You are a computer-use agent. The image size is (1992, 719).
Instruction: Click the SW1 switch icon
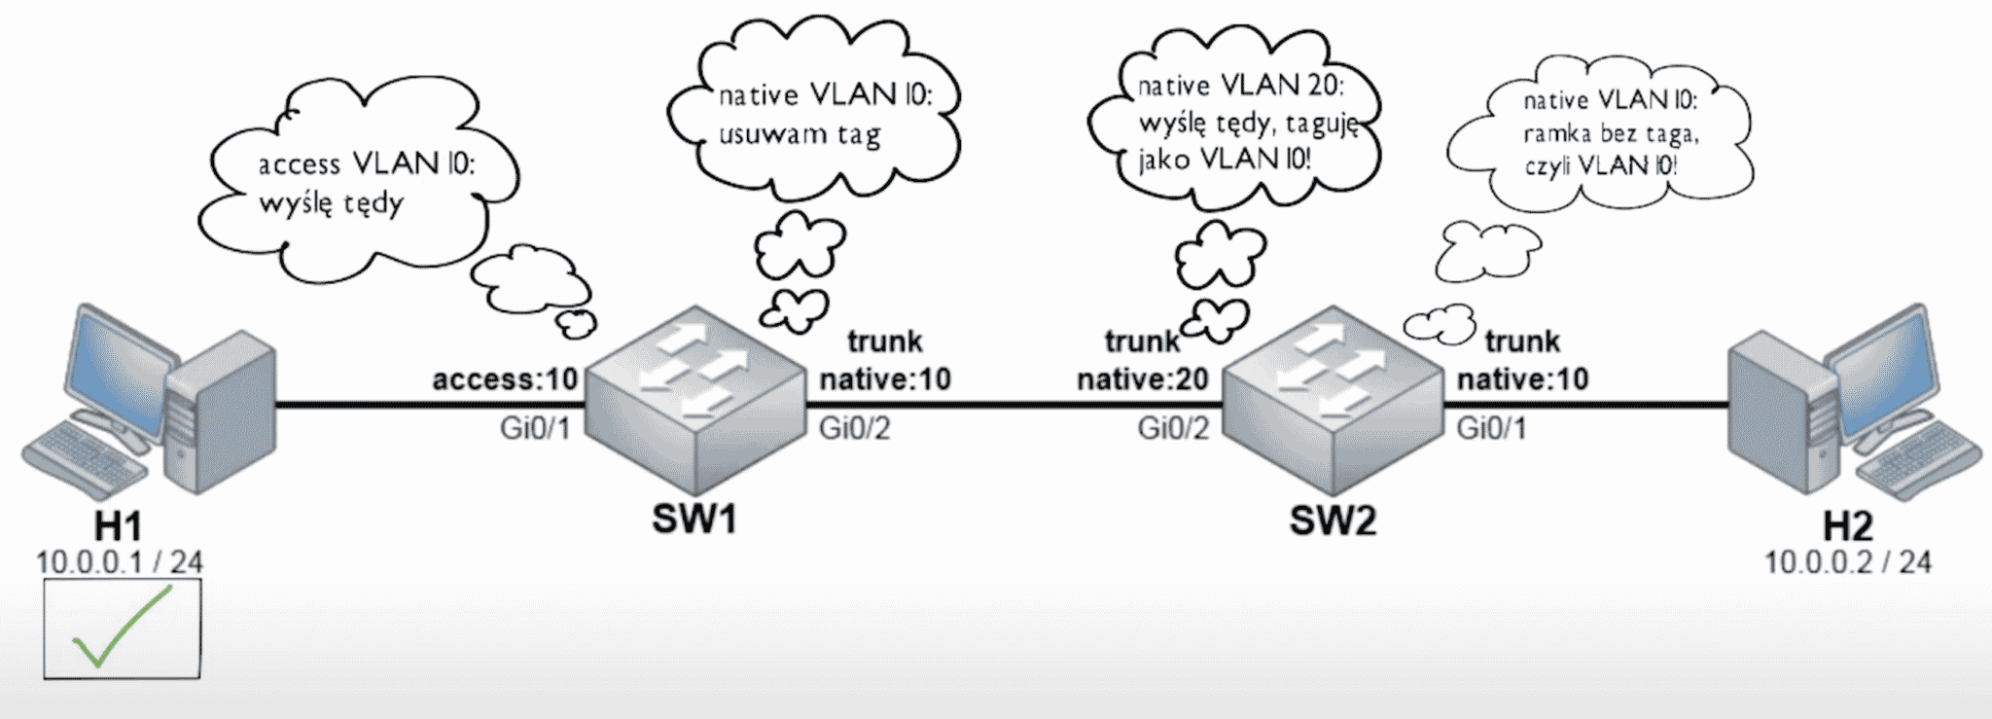pos(698,400)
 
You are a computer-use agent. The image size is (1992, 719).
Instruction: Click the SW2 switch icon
pos(1332,400)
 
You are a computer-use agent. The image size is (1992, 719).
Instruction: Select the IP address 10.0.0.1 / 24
pos(120,562)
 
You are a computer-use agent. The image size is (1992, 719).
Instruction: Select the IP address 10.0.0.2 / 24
pos(1848,562)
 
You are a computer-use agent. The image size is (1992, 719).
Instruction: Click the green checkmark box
pos(123,629)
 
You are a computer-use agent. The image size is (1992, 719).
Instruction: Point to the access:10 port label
pos(505,378)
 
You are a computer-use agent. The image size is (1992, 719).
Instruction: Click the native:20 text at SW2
pos(1142,378)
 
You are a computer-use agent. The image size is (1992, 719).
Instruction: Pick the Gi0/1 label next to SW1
pos(535,428)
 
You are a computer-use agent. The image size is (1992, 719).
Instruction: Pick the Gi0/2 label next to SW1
pos(855,428)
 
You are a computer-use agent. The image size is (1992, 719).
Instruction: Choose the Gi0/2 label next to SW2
pos(1173,428)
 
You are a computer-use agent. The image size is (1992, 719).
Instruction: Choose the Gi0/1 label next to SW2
pos(1491,428)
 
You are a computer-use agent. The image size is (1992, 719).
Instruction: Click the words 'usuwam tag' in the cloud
pos(800,135)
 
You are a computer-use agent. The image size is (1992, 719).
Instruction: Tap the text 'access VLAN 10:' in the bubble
pos(367,164)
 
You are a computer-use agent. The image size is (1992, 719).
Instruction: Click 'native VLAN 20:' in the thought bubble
pos(1241,87)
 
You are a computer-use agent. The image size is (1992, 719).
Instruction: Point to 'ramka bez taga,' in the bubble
pos(1611,133)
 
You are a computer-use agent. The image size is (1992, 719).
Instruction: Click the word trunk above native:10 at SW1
pos(885,342)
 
